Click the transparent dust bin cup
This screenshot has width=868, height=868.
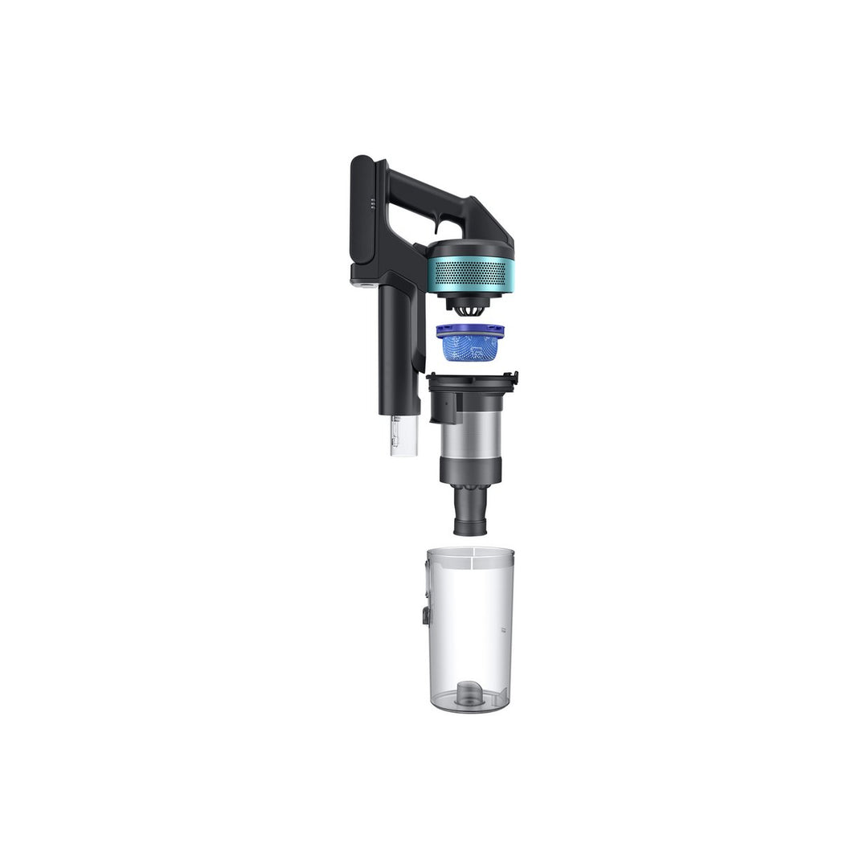pyautogui.click(x=471, y=635)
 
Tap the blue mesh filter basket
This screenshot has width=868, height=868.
pyautogui.click(x=469, y=348)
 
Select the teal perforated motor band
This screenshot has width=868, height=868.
pyautogui.click(x=469, y=273)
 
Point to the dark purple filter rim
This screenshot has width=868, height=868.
pyautogui.click(x=469, y=329)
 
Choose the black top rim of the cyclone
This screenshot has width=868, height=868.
pyautogui.click(x=471, y=379)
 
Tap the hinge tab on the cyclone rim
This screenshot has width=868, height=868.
pyautogui.click(x=511, y=376)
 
